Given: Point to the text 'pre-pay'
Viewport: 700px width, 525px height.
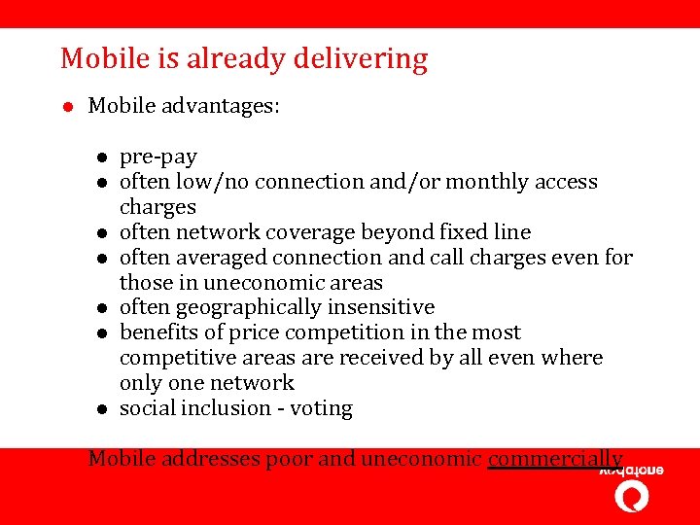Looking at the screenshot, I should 157,157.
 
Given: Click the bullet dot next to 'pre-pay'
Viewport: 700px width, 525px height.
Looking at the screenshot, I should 100,157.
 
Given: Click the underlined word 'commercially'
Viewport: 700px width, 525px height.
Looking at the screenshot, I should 554,459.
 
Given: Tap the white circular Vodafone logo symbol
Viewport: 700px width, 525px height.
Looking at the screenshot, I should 632,496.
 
